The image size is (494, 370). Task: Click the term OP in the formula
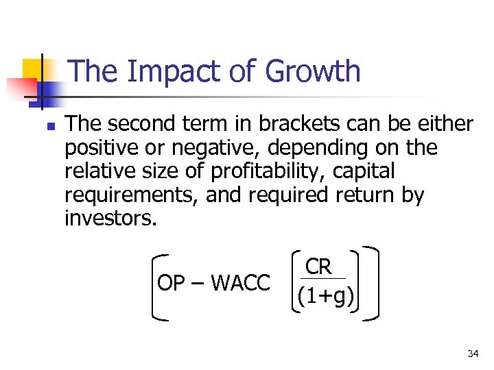pos(170,282)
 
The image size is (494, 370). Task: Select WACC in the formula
pos(240,282)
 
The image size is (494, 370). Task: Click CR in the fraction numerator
pos(319,266)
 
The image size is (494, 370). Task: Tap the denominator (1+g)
pos(325,297)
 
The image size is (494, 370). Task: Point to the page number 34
pos(473,354)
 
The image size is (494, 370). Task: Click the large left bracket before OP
pos(156,286)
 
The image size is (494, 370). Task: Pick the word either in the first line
pos(445,124)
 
